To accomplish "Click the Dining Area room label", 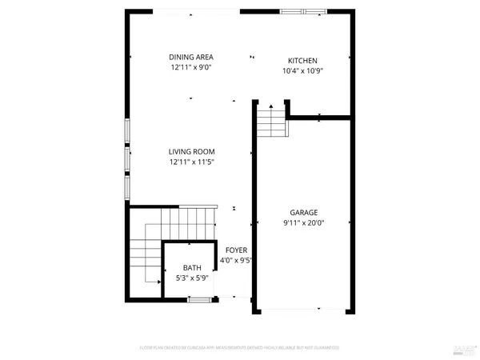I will click(191, 57).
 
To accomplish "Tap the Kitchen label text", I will click(303, 61).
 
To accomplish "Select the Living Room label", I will click(191, 151).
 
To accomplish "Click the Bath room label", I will click(192, 268).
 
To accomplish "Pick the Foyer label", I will click(235, 250).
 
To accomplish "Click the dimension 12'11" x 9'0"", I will click(191, 68).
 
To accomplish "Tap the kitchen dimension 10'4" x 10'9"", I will click(303, 71).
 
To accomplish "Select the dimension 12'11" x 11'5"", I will click(191, 162).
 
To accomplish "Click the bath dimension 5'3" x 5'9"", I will click(192, 278).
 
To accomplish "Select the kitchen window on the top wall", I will click(304, 11).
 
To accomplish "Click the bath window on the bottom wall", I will click(199, 299).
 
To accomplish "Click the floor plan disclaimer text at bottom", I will click(240, 348).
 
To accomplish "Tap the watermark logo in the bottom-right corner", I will click(464, 347).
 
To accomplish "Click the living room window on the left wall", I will click(126, 158).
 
